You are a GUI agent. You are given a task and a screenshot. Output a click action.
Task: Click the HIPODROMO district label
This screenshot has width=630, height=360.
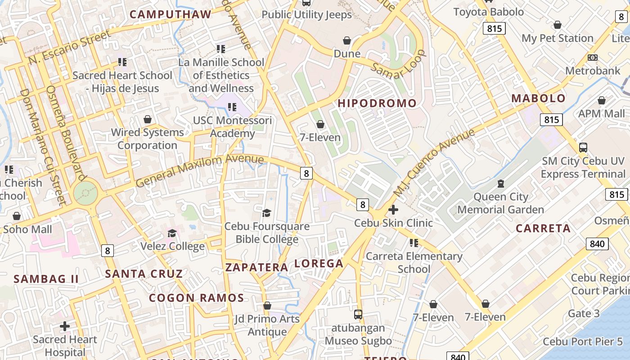377,103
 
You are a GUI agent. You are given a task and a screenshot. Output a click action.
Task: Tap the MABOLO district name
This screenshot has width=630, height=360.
538,99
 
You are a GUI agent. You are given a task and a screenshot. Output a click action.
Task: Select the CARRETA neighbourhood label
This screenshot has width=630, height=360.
543,228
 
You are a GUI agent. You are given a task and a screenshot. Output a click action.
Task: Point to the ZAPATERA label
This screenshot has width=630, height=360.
256,267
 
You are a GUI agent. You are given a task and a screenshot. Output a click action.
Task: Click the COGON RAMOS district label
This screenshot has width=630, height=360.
197,298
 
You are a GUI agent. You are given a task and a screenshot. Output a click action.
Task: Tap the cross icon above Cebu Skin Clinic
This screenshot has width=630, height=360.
393,210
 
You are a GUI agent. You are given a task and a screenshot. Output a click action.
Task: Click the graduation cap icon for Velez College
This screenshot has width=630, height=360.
172,233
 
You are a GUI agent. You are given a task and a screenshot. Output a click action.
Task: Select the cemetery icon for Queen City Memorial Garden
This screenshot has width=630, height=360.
500,184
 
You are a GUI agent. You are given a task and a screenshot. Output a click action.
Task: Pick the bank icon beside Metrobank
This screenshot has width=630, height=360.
593,58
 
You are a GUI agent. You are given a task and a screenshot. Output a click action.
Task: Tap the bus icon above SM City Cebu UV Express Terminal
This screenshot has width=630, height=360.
583,147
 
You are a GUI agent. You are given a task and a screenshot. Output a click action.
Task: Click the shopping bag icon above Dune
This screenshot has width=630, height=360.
347,41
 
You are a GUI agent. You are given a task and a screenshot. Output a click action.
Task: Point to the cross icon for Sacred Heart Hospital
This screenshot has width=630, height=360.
65,326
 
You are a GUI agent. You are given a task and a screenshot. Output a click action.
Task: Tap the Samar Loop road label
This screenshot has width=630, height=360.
398,64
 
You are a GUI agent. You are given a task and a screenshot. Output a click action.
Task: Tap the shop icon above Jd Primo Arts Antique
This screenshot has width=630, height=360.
267,306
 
